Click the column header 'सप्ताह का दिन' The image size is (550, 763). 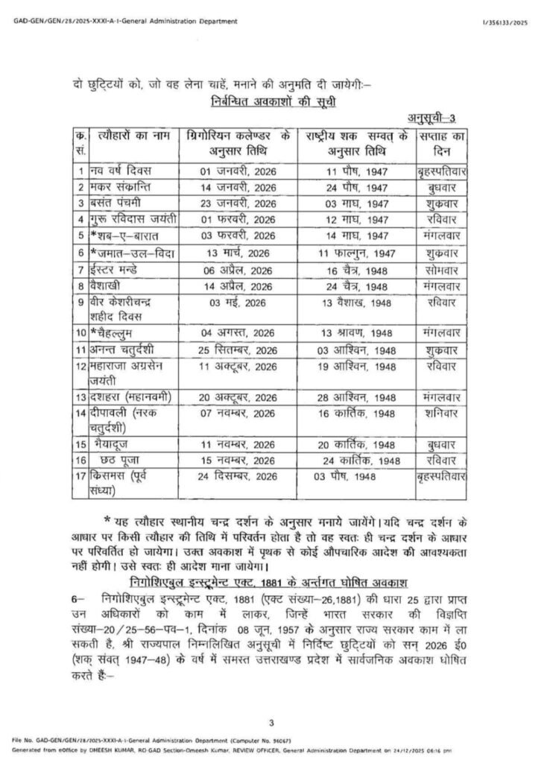[443, 145]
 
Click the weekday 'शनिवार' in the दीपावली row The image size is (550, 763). [441, 412]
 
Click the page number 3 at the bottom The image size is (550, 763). [273, 722]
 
